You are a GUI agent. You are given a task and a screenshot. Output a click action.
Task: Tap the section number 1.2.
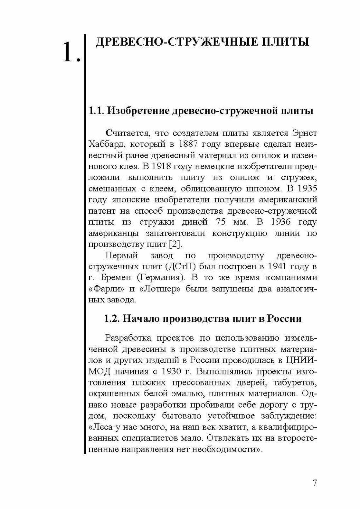pyautogui.click(x=112, y=319)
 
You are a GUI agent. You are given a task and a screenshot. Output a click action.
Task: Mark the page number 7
pyautogui.click(x=315, y=474)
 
